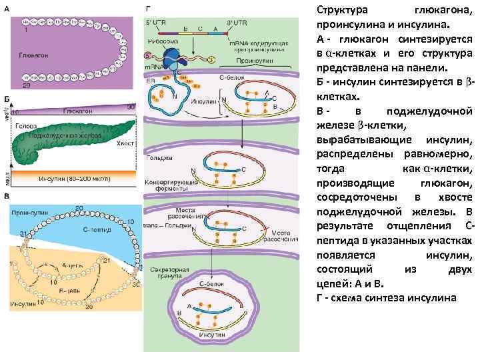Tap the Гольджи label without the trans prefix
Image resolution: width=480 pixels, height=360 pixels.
157,158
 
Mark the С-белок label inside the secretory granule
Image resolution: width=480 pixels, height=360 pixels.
209,284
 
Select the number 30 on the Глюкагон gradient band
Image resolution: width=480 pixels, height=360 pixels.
130,107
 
